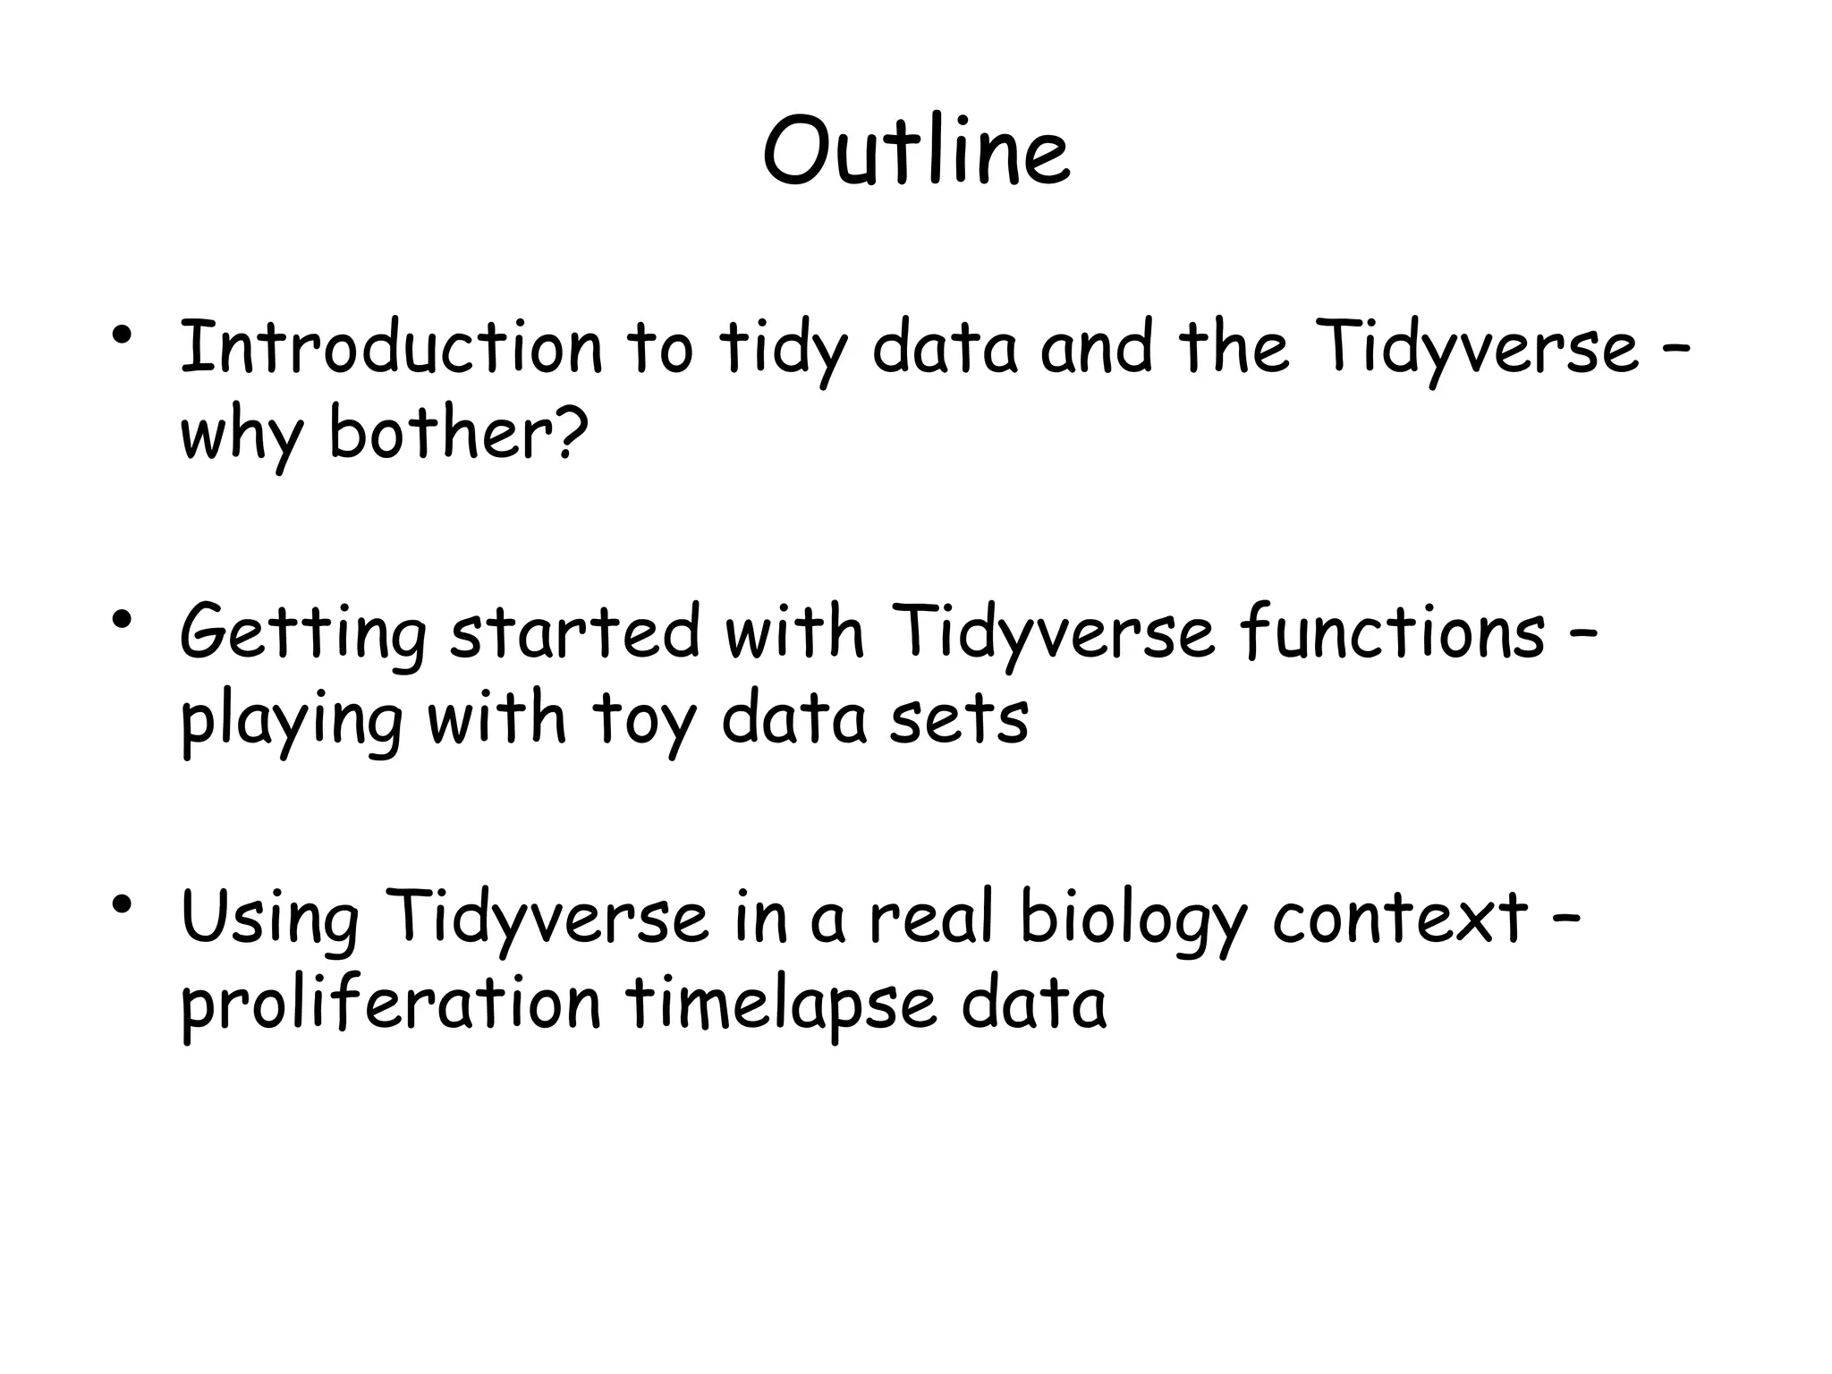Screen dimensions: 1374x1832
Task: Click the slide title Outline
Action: (x=916, y=152)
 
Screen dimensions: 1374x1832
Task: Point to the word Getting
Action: (x=303, y=632)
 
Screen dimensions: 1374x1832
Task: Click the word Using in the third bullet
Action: (x=269, y=918)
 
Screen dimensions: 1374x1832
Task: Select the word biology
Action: (x=1132, y=918)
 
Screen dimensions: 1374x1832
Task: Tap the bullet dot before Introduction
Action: (x=123, y=336)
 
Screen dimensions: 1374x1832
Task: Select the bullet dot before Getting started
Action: (x=123, y=620)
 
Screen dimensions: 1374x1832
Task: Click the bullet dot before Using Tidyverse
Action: (x=123, y=904)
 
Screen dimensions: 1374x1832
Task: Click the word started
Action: (x=574, y=632)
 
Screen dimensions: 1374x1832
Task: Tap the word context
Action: (x=1400, y=918)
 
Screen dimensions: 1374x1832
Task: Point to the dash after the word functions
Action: (x=1583, y=632)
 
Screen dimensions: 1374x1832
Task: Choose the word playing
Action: (x=292, y=720)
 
